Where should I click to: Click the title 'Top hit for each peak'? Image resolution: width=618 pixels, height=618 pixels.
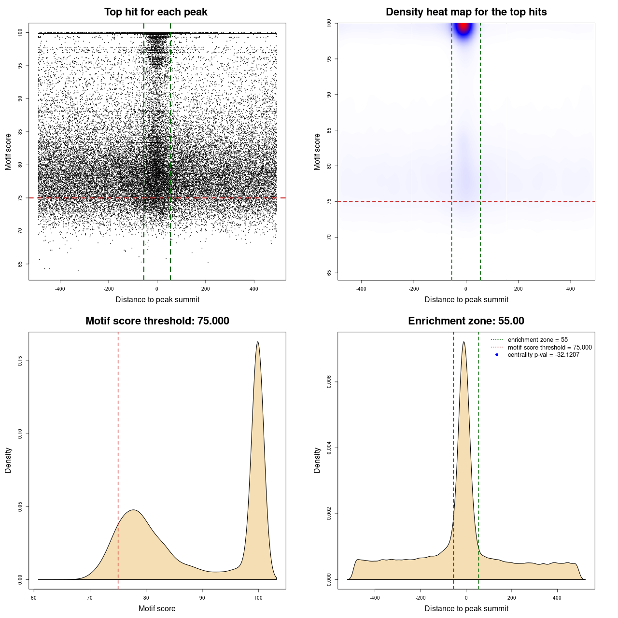(x=155, y=12)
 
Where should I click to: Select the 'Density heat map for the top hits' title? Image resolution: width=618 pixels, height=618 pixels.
(x=466, y=12)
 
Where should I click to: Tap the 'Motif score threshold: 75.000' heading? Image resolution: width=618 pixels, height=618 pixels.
(x=157, y=321)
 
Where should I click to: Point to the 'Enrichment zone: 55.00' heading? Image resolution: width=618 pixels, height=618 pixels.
(x=466, y=321)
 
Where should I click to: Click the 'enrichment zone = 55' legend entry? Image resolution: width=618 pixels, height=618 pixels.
(x=537, y=340)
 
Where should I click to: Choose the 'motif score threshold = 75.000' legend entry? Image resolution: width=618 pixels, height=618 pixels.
(x=549, y=347)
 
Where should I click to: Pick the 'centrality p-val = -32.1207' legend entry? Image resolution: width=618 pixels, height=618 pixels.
(x=543, y=355)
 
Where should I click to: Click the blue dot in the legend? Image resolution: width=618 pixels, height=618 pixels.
(x=497, y=355)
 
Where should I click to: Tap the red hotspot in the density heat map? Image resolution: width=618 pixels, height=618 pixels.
(x=464, y=27)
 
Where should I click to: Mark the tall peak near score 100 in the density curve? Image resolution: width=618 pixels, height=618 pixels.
(x=258, y=342)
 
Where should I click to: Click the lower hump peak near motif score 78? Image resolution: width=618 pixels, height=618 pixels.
(x=134, y=510)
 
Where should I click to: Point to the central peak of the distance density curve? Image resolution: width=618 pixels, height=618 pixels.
(x=464, y=342)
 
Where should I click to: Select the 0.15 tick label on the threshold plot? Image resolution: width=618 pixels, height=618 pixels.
(x=20, y=361)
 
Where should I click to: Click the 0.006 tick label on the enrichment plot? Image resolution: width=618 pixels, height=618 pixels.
(x=329, y=382)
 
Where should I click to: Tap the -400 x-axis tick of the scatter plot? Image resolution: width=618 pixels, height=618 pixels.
(x=60, y=289)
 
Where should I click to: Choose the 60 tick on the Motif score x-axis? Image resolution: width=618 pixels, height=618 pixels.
(x=34, y=598)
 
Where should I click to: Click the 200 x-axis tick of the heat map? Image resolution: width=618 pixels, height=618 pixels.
(x=518, y=289)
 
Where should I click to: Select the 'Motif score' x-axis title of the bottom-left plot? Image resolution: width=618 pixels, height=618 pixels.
(x=157, y=608)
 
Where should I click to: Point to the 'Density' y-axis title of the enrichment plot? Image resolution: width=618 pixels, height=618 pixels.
(x=317, y=460)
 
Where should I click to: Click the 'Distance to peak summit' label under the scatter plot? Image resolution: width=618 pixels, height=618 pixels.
(x=157, y=299)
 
